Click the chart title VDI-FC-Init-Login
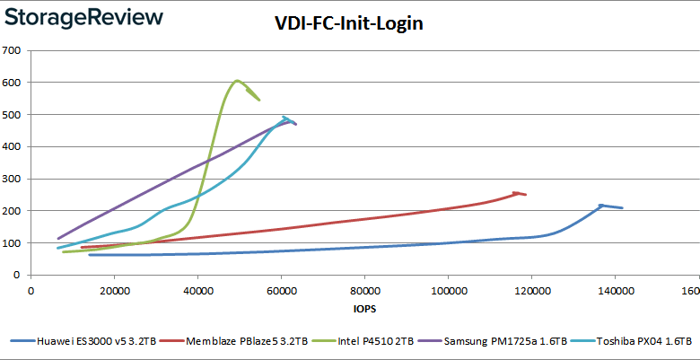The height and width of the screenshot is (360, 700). click(349, 24)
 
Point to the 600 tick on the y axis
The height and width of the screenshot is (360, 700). click(13, 83)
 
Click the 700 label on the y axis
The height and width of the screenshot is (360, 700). click(13, 50)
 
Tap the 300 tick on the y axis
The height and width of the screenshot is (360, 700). click(13, 179)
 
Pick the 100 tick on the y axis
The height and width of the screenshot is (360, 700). click(13, 243)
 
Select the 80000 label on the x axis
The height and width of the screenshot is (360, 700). click(364, 291)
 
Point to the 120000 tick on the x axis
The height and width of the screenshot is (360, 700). click(531, 291)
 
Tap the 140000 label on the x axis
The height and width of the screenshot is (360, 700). click(615, 291)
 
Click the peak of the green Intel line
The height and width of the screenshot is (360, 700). click(237, 81)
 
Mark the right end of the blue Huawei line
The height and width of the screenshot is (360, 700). click(622, 208)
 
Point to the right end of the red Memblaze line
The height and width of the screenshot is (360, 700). click(526, 195)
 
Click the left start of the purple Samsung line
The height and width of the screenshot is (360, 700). click(58, 239)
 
